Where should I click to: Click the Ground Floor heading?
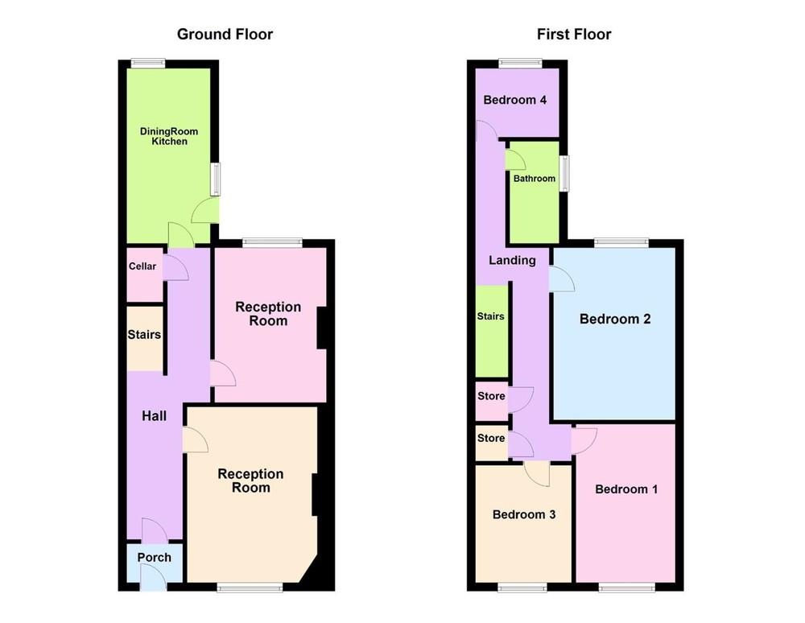pos(225,35)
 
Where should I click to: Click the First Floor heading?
pos(574,35)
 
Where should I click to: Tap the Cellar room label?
pos(142,266)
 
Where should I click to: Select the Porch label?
pos(154,557)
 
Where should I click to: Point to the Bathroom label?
pos(535,179)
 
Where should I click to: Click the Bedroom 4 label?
pos(515,100)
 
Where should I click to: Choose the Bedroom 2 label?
pos(615,320)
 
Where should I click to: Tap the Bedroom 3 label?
pos(524,514)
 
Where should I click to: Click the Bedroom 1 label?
pos(626,489)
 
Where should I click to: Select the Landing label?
pos(512,260)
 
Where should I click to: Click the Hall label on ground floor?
pos(154,415)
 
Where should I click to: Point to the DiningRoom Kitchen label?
pos(169,137)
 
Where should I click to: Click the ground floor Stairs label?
pos(144,335)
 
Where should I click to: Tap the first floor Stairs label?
pos(490,316)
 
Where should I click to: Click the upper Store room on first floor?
pos(491,402)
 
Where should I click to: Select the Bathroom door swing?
pos(515,159)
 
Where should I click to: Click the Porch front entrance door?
pos(153,577)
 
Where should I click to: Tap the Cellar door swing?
pos(176,268)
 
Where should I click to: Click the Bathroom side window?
pos(564,173)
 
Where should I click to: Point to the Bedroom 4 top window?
pos(521,63)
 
